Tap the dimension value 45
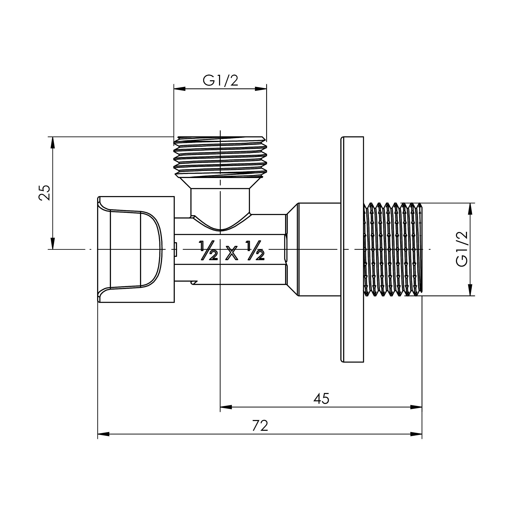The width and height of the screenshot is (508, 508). coord(321,399)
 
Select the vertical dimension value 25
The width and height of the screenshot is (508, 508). coord(44,193)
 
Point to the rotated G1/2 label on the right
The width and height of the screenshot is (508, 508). coord(462,249)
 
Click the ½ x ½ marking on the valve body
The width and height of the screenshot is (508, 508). coord(231,251)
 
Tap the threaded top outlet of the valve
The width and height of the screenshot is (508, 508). coord(220,157)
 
